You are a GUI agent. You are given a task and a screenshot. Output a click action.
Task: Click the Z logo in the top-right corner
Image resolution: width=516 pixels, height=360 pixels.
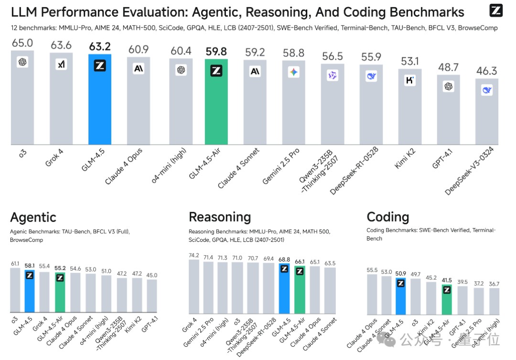(496, 10)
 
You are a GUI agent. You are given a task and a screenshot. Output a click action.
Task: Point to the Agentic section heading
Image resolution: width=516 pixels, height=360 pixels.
(33, 218)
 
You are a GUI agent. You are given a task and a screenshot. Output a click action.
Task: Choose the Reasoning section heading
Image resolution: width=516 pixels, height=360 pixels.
(220, 217)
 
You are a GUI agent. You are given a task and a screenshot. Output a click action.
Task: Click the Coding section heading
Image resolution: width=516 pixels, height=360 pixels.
(387, 217)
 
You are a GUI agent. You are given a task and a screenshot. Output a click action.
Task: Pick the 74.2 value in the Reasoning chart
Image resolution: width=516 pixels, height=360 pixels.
(193, 256)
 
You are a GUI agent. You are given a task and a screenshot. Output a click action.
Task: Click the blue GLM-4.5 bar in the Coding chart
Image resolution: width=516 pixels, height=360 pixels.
(400, 296)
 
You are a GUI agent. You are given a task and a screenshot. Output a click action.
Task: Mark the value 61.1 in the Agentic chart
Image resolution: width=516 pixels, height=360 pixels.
(15, 263)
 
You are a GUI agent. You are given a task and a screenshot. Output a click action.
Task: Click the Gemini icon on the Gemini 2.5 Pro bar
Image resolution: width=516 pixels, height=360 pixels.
(293, 72)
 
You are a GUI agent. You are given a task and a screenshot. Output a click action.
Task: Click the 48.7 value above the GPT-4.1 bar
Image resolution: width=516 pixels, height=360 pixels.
(448, 68)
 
